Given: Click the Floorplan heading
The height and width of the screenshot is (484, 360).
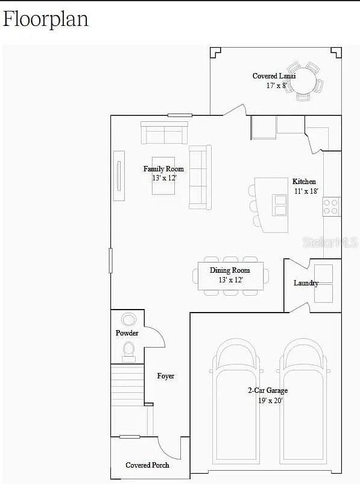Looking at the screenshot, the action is [46, 20].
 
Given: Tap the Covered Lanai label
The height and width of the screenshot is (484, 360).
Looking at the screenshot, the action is [274, 76].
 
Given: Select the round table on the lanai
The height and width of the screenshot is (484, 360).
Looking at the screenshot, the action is [303, 81].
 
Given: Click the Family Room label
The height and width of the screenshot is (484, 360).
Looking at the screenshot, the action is [163, 169].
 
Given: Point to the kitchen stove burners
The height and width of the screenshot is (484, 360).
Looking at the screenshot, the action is [330, 206].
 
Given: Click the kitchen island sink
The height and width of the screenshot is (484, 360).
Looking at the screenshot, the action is [280, 205].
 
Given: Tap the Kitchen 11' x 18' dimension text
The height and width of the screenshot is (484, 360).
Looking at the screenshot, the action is [306, 191].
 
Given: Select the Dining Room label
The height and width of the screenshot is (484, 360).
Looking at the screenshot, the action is [230, 270].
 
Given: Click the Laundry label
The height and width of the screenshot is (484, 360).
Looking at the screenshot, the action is [306, 283].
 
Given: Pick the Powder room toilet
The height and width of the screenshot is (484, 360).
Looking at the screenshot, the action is [129, 352].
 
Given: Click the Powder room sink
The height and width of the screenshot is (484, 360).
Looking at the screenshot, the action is [128, 319].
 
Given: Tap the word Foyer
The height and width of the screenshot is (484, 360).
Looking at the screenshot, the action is [166, 375].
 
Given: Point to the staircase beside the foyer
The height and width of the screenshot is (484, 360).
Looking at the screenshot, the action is [127, 400].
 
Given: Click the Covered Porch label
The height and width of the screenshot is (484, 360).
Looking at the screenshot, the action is [147, 465].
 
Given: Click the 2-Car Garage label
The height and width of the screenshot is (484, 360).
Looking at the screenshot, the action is [268, 390].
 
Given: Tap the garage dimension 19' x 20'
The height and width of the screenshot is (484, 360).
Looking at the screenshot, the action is [271, 401].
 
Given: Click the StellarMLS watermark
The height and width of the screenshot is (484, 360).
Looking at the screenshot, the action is [330, 243].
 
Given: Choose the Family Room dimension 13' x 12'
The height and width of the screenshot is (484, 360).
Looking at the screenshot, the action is [165, 178].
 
